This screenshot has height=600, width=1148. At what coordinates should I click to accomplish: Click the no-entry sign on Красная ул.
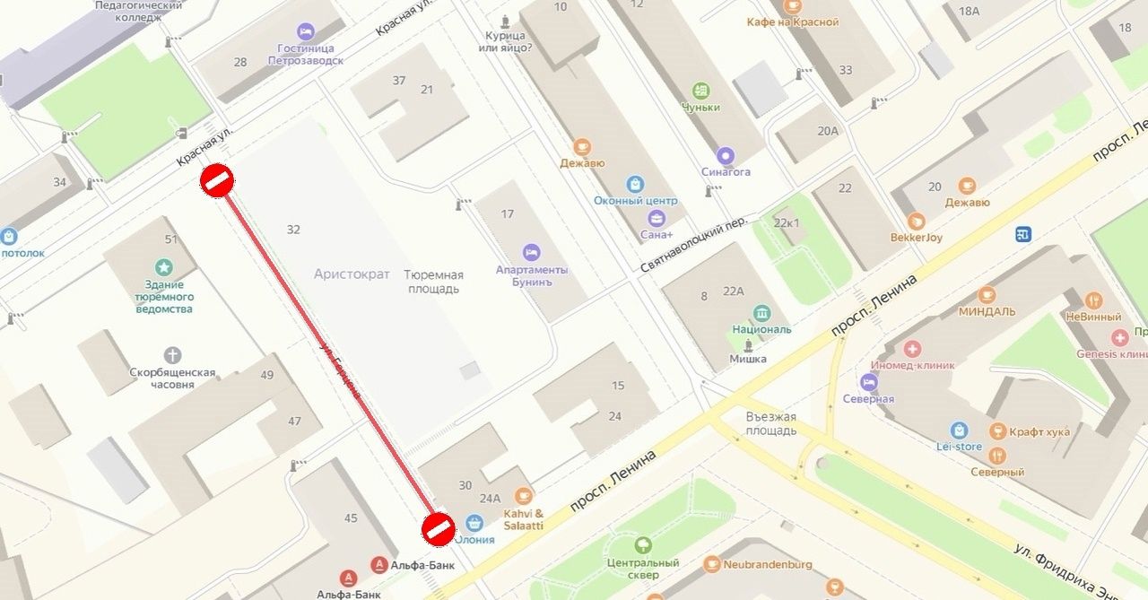[x=217, y=180]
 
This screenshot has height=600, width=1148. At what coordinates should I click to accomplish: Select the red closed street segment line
[x=327, y=353]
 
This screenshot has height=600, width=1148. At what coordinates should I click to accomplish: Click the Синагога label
[x=726, y=171]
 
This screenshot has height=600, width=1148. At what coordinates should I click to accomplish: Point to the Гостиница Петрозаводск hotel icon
[x=305, y=32]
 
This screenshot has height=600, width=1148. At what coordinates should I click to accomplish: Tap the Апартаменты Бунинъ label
[x=532, y=276]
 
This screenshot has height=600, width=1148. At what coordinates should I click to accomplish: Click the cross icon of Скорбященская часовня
[x=172, y=355]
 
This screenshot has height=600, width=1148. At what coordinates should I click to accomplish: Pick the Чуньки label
[x=700, y=108]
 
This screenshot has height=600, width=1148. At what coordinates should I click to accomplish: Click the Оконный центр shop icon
[x=635, y=184]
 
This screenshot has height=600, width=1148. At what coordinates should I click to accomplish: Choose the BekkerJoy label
[x=916, y=238]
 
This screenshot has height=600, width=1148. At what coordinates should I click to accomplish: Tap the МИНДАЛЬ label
[x=987, y=311]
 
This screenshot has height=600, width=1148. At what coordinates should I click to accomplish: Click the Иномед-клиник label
[x=912, y=365]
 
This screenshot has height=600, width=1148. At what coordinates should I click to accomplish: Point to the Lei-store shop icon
[x=960, y=430]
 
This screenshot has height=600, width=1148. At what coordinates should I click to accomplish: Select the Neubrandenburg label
[x=768, y=564]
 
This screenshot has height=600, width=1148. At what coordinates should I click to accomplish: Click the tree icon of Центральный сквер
[x=643, y=545]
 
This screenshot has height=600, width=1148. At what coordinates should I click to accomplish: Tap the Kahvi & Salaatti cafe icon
[x=524, y=496]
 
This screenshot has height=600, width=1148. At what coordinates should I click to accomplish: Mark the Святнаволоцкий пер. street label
[x=693, y=245]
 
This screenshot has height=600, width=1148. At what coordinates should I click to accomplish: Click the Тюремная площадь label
[x=433, y=282]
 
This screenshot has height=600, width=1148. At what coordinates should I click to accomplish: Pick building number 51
[x=170, y=239]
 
